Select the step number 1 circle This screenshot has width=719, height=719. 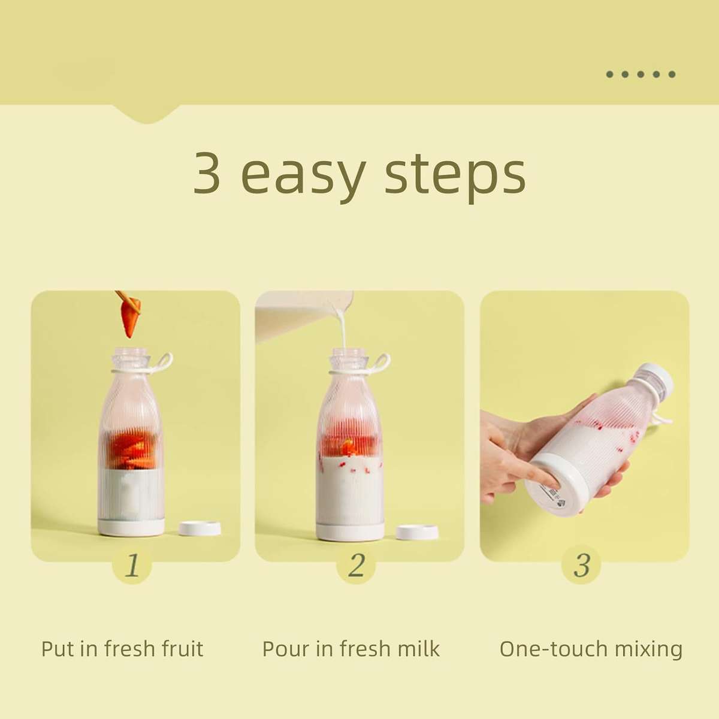(132, 564)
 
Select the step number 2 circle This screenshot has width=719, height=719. (356, 564)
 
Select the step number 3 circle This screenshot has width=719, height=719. (581, 564)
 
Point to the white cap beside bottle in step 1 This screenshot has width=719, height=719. (200, 528)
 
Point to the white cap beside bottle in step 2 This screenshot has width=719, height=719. (417, 531)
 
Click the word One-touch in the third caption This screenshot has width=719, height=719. (546, 649)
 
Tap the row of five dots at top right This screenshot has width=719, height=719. (641, 74)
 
